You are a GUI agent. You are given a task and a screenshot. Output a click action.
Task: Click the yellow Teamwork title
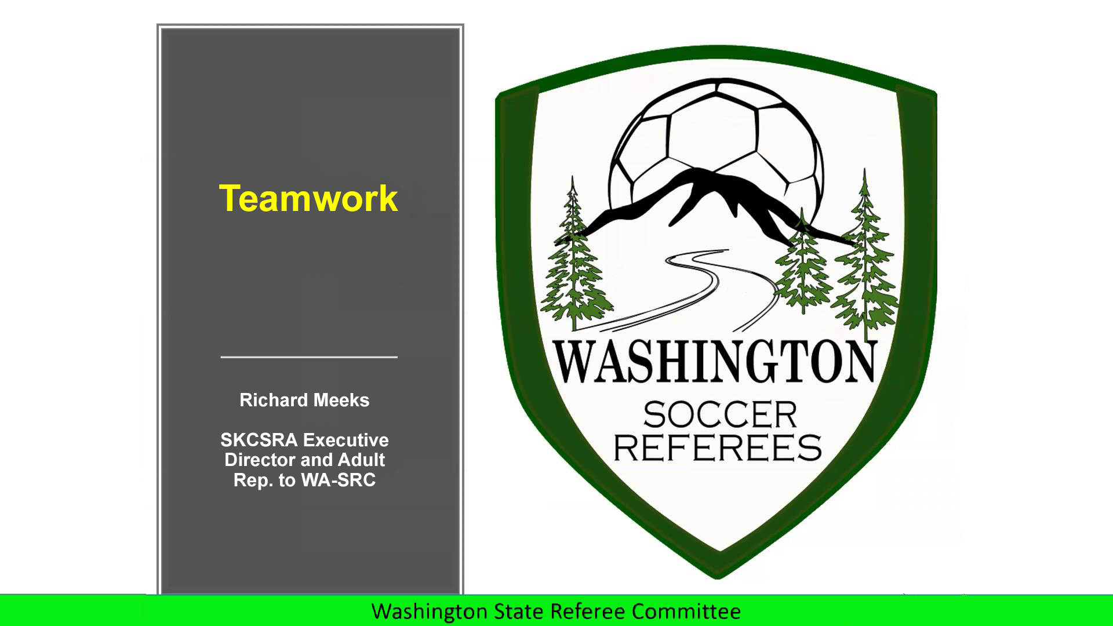point(308,198)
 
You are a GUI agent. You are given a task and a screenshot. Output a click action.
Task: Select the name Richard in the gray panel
point(274,400)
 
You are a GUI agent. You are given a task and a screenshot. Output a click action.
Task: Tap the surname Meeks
point(341,400)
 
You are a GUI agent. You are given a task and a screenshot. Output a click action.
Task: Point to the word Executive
point(346,440)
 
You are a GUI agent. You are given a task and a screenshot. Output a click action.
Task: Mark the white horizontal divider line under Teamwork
point(309,357)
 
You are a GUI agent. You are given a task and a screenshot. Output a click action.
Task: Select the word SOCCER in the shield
point(720,414)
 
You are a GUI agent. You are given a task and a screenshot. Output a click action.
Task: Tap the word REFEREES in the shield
point(718,447)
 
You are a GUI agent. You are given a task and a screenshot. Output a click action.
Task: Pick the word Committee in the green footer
point(686,612)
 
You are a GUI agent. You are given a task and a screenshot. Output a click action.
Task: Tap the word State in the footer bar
point(519,612)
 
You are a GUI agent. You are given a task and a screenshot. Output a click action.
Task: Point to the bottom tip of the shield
point(718,578)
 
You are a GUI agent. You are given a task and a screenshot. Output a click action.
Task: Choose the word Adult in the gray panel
point(361,460)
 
